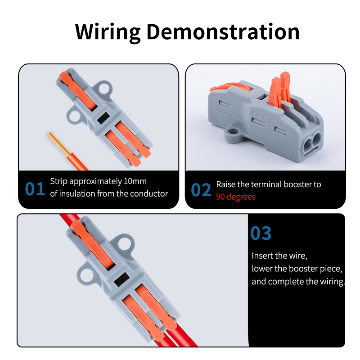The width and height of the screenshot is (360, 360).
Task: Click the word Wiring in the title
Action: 108,32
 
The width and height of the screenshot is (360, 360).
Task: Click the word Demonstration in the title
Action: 223,31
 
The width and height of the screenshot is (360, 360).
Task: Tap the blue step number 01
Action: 35,189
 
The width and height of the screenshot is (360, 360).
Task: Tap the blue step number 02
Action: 201,190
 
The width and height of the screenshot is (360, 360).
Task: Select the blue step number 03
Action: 261,233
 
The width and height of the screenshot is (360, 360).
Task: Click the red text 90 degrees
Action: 235,197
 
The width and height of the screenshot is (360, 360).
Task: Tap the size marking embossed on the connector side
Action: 268,119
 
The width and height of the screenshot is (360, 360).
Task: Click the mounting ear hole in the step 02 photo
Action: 233,132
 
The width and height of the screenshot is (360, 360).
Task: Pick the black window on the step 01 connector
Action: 103,118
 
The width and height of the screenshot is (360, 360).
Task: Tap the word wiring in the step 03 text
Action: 332,282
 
